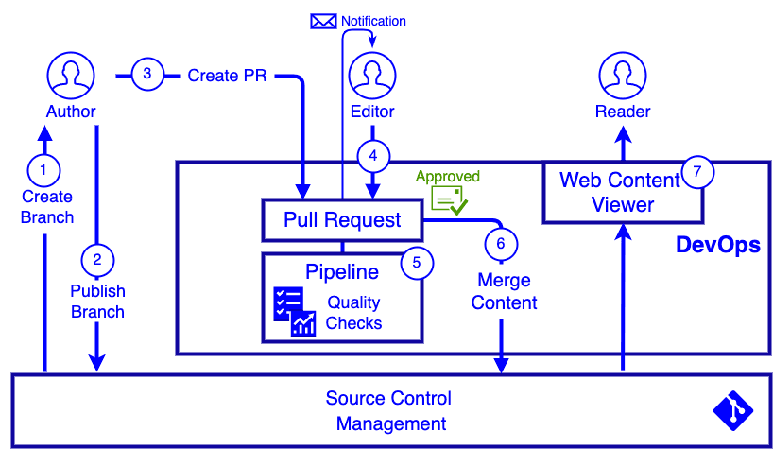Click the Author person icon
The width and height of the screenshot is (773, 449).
69,76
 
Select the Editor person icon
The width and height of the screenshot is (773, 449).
372,76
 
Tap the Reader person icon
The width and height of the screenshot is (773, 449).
622,76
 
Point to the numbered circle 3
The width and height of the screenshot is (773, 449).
147,75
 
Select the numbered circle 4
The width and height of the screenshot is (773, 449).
373,155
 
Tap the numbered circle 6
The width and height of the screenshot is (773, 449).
501,243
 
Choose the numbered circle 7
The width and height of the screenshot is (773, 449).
697,172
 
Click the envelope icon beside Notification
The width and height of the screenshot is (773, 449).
323,21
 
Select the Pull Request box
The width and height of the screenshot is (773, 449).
342,220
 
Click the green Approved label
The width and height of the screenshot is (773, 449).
448,177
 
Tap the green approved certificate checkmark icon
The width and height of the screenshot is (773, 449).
449,199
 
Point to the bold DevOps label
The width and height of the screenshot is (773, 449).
717,245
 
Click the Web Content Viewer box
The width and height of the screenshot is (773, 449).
621,192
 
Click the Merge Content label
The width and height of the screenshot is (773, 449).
504,292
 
